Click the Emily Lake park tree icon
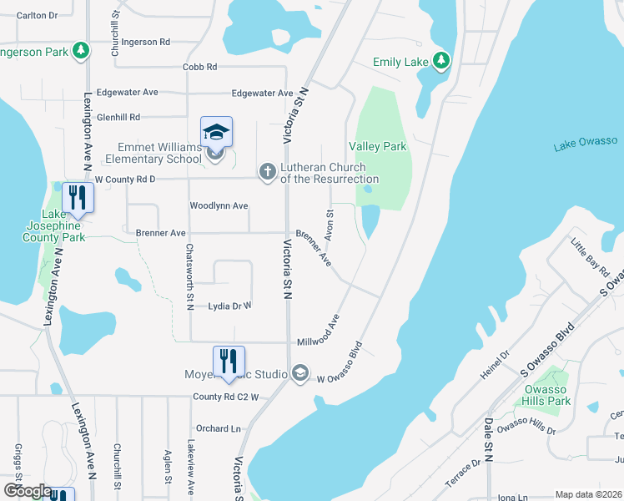(440, 61)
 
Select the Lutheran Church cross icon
(267, 172)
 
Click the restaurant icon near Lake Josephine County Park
(77, 198)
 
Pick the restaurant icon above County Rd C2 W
(229, 361)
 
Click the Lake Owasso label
(585, 146)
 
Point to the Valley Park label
(377, 146)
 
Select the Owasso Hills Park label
(547, 395)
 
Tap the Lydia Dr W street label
(230, 306)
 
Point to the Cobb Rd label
(200, 67)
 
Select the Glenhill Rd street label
(118, 118)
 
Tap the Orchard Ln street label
(219, 428)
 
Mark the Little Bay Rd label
(586, 257)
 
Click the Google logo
(27, 490)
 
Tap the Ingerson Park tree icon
(81, 51)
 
